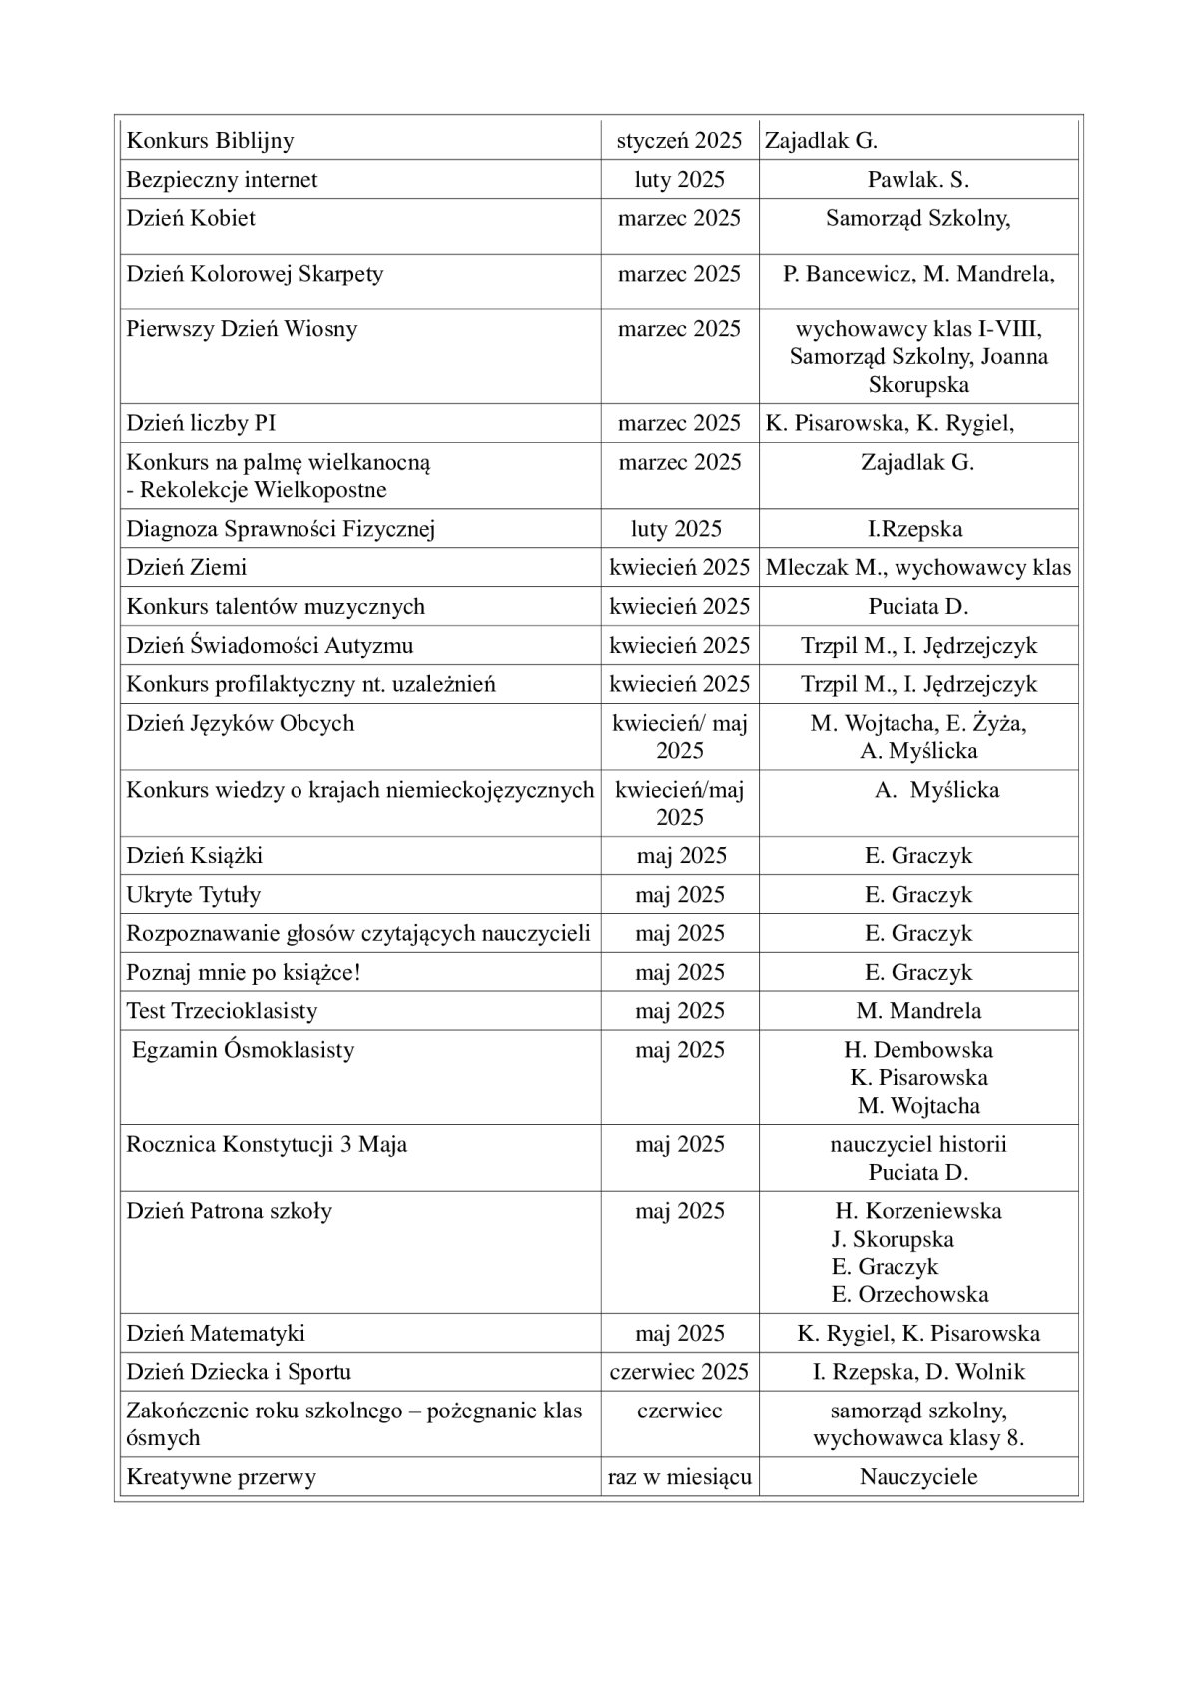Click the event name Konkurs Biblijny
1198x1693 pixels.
(210, 141)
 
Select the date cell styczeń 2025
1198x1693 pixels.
(679, 141)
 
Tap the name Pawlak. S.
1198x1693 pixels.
(918, 180)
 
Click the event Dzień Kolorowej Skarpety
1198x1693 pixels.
(255, 274)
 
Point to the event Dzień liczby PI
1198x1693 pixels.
(201, 423)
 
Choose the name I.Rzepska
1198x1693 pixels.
(914, 529)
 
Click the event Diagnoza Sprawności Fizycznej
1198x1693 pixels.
(281, 529)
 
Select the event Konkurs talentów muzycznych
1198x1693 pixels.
(276, 607)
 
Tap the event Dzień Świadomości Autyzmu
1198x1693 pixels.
(270, 646)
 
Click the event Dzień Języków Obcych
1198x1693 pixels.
(240, 723)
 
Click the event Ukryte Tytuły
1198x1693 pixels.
(193, 895)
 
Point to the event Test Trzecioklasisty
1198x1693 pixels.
(222, 1011)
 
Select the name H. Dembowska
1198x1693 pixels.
(918, 1050)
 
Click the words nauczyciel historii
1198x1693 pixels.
(918, 1145)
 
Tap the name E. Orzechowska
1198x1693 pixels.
(909, 1295)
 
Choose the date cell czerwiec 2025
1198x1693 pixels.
(679, 1372)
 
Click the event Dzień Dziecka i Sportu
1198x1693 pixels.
(239, 1372)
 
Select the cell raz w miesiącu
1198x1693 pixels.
(679, 1477)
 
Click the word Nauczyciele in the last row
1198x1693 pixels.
(918, 1477)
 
